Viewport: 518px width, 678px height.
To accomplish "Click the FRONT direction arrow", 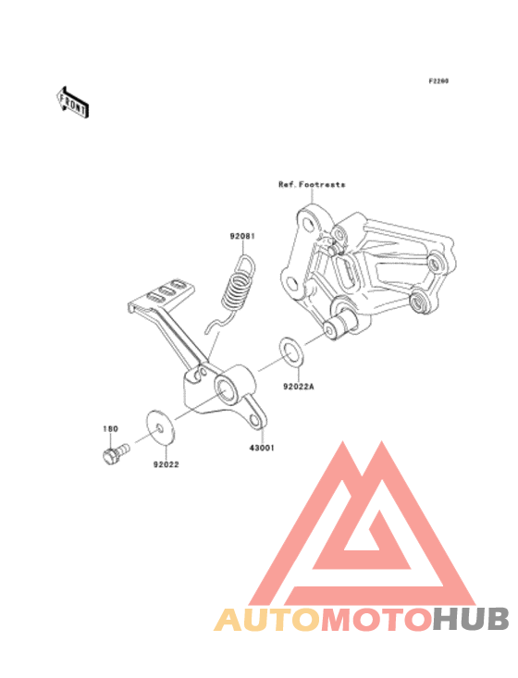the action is coord(73,102).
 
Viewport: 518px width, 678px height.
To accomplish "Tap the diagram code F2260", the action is coord(438,80).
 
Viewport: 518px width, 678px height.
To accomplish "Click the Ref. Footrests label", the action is coord(312,185).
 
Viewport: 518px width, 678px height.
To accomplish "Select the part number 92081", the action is coord(242,236).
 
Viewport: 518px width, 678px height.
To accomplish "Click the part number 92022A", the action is coord(299,386).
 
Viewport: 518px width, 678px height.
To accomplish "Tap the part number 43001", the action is coord(262,448).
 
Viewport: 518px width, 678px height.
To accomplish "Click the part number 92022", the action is coord(166,464).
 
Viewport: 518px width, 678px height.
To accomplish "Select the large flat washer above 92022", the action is coord(159,427).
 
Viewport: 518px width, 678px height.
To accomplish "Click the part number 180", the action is coord(110,428).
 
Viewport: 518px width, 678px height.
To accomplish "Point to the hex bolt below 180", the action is coord(116,453).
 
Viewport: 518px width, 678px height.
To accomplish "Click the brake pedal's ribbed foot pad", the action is coord(161,294).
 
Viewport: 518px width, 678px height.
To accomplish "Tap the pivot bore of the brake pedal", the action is coord(226,390).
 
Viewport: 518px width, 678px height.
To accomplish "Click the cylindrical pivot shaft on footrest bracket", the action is coord(341,326).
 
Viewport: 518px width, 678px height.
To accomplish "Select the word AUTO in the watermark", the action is coord(266,619).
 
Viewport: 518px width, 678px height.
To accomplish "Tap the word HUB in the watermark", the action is coord(471,619).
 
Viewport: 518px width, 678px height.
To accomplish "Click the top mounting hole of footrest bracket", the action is coord(308,225).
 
